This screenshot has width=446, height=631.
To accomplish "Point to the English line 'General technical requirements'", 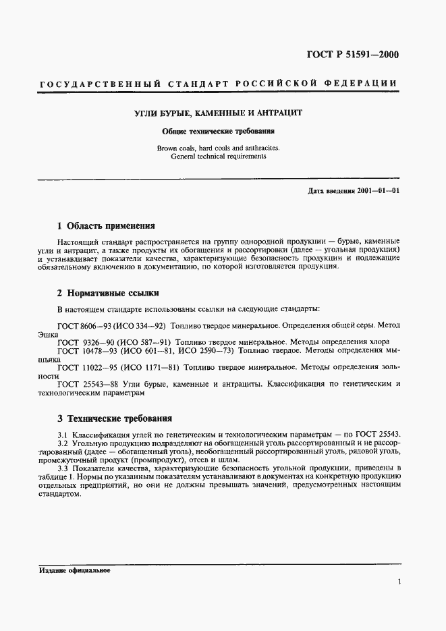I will point(219,156).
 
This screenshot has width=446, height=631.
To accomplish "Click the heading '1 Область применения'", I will point(106,225).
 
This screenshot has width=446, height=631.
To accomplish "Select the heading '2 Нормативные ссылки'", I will point(108,293).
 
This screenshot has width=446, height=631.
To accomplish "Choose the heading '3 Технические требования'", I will point(115,418).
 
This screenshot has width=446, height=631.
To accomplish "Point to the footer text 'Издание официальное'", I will point(74,570).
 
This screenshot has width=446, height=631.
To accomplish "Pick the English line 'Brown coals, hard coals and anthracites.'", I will point(219,147).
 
